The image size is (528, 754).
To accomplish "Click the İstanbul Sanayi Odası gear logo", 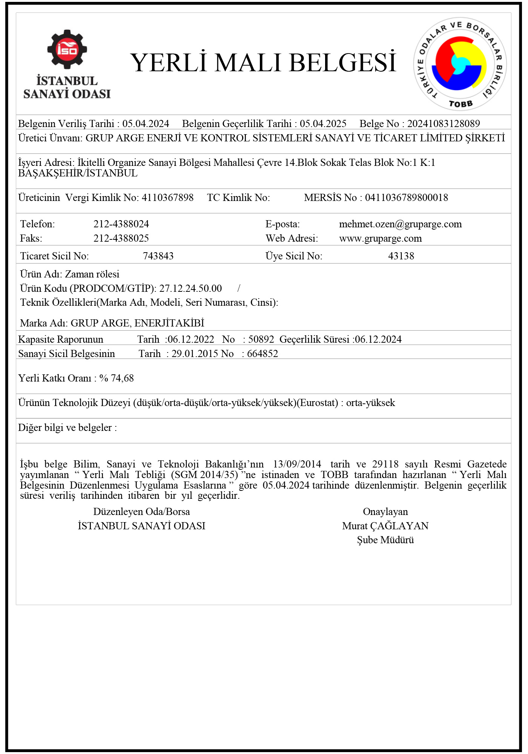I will point(67,49).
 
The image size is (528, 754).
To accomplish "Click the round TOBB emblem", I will point(460,64).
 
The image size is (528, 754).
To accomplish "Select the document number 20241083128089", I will point(444,124).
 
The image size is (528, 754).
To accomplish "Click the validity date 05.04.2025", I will point(323,124).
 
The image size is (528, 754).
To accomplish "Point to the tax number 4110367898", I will point(167,198).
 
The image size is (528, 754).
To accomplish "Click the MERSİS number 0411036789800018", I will point(406,198).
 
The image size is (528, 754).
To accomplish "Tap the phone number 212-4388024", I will point(121,224).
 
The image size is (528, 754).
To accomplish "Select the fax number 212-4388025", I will point(121,238).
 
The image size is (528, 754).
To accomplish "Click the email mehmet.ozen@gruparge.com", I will point(400,224).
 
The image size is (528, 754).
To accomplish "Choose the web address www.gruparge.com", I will point(380,238).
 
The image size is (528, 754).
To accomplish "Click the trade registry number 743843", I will point(158,256).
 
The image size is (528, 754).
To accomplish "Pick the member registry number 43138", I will point(401,256).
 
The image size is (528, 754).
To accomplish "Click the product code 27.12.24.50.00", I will point(190,288).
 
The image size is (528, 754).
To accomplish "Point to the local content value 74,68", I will point(122,378).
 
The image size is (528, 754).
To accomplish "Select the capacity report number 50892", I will point(261,339).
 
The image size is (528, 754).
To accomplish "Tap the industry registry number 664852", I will point(262,354).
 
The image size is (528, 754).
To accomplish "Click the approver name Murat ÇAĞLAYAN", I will point(385,526).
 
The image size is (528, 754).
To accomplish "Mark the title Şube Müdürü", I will point(385,540).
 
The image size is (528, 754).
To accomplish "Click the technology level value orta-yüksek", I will point(370,403).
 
